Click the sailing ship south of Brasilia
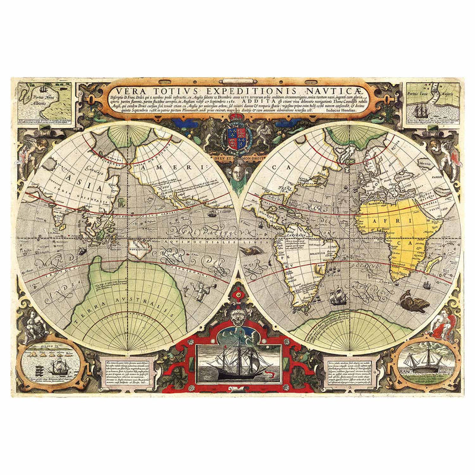point(338,296)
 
